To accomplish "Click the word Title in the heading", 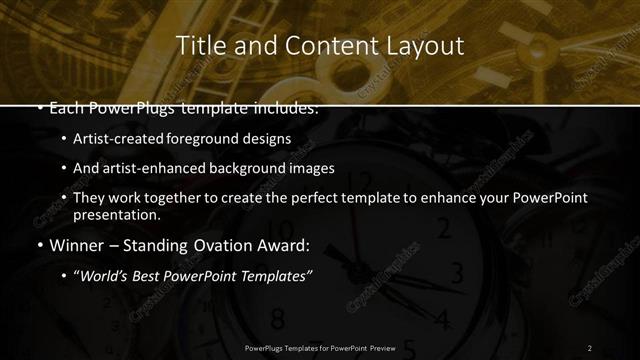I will [198, 46].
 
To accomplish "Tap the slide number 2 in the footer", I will [589, 347].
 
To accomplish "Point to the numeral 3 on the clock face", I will [458, 272].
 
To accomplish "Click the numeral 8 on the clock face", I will [277, 319].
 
